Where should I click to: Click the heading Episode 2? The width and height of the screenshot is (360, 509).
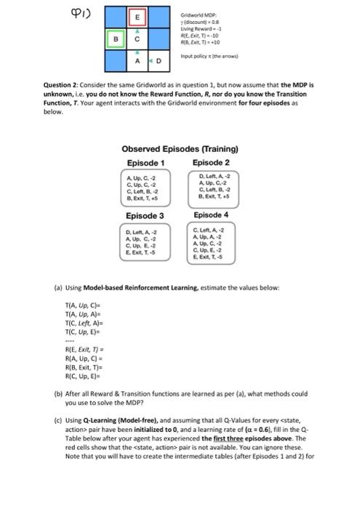(212, 162)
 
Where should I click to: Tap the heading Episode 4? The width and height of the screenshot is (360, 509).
(212, 215)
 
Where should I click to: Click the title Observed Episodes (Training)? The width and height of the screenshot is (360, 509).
(179, 150)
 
